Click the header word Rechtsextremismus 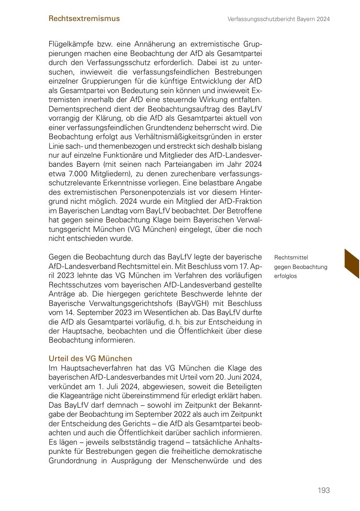pyautogui.click(x=84, y=19)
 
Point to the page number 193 pyautogui.click(x=324, y=490)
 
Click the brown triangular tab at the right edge pyautogui.click(x=353, y=264)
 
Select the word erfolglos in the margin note pyautogui.click(x=285, y=276)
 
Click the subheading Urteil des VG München pyautogui.click(x=90, y=359)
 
